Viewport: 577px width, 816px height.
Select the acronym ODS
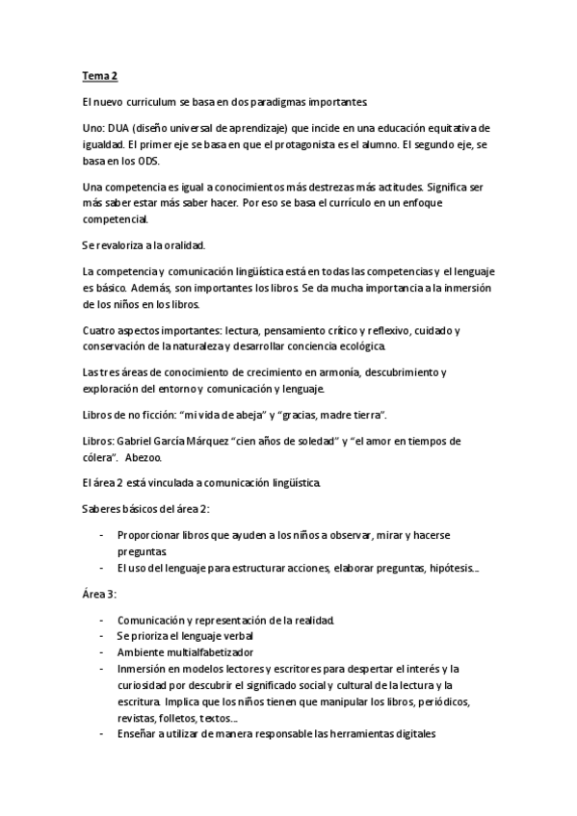146,160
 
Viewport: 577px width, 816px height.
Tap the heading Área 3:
99,594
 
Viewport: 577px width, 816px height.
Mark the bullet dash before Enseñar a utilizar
102,734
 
